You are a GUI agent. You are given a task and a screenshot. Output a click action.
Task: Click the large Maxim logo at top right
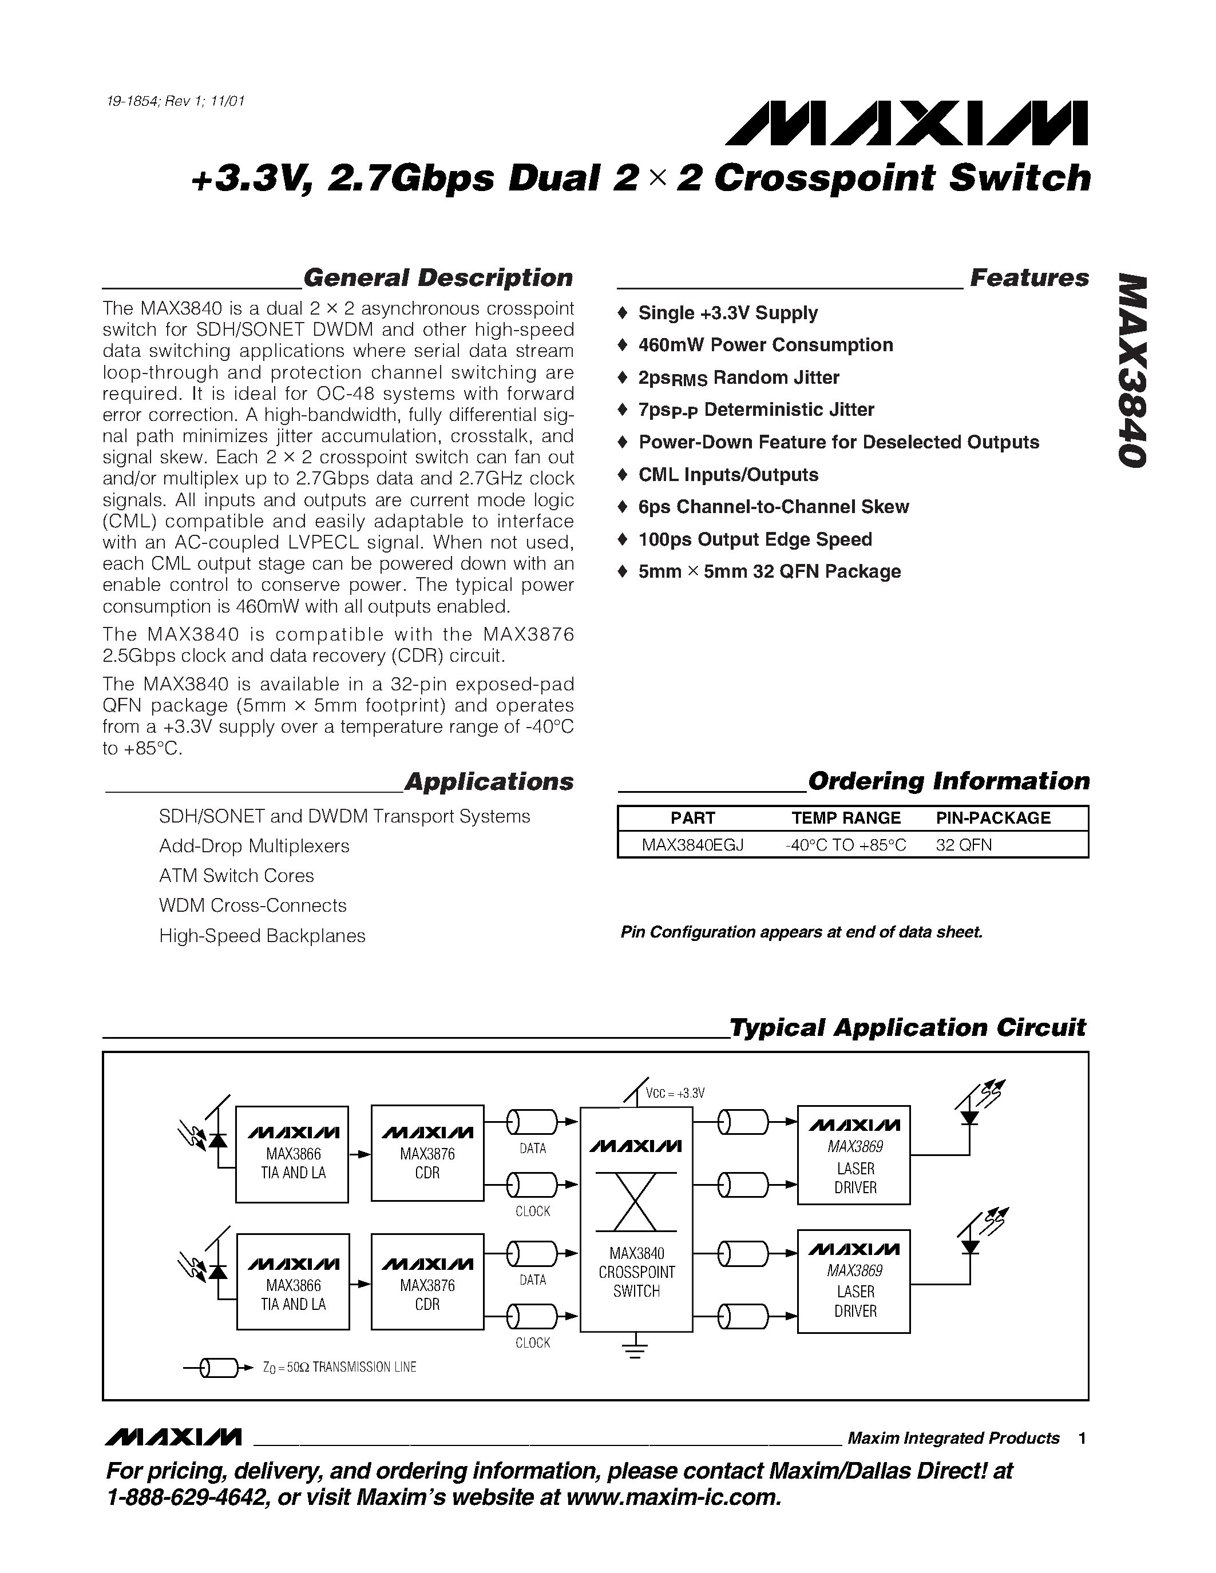pyautogui.click(x=906, y=123)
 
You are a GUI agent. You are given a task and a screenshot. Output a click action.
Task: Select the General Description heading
pyautogui.click(x=437, y=278)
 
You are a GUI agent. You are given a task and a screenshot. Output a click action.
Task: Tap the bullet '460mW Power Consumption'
pyautogui.click(x=765, y=345)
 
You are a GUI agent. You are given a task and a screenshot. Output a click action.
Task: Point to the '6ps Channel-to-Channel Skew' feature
pyautogui.click(x=773, y=507)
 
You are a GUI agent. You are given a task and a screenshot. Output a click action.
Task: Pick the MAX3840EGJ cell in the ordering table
pyautogui.click(x=692, y=845)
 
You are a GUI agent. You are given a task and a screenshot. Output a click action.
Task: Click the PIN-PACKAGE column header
pyautogui.click(x=993, y=818)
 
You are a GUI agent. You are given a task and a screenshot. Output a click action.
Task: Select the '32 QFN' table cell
pyautogui.click(x=963, y=845)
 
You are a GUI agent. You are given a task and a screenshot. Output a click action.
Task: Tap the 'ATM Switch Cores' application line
pyautogui.click(x=236, y=876)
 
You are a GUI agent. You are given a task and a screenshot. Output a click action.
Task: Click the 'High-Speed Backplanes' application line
pyautogui.click(x=262, y=936)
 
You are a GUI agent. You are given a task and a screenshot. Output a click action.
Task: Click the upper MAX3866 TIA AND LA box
pyautogui.click(x=292, y=1154)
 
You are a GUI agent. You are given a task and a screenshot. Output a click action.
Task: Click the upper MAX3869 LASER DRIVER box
pyautogui.click(x=854, y=1154)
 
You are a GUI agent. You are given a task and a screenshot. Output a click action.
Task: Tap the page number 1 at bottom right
pyautogui.click(x=1082, y=1439)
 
